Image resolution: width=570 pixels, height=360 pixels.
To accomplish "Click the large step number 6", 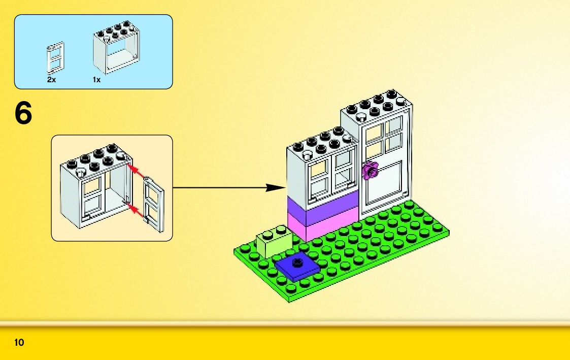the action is (23, 114).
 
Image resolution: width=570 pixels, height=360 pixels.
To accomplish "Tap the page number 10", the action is (19, 343).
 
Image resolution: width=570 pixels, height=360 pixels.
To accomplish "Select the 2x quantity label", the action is (51, 80).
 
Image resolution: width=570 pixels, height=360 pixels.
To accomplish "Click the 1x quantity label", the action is (96, 80).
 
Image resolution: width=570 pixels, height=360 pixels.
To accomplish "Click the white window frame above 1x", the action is (116, 51).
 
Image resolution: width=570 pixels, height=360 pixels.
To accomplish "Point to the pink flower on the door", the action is (370, 171).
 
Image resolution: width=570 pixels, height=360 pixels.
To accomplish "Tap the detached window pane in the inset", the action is (154, 204).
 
